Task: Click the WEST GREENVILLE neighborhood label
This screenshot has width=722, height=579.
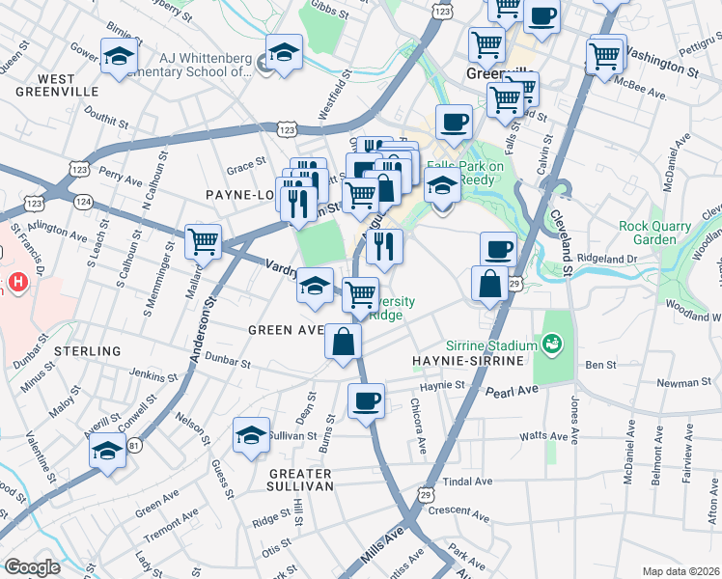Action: [x=56, y=84]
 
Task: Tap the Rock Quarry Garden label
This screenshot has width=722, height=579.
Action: [x=655, y=234]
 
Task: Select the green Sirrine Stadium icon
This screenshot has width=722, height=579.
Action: [x=553, y=343]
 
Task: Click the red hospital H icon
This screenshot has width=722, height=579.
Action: [x=16, y=285]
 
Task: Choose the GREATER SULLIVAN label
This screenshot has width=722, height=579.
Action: [x=300, y=481]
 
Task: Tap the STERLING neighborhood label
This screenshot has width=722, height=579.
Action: [x=88, y=351]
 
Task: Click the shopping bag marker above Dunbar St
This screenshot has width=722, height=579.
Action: [x=343, y=341]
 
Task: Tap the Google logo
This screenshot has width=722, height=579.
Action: [x=32, y=567]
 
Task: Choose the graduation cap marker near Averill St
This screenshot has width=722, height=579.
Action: [x=108, y=451]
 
